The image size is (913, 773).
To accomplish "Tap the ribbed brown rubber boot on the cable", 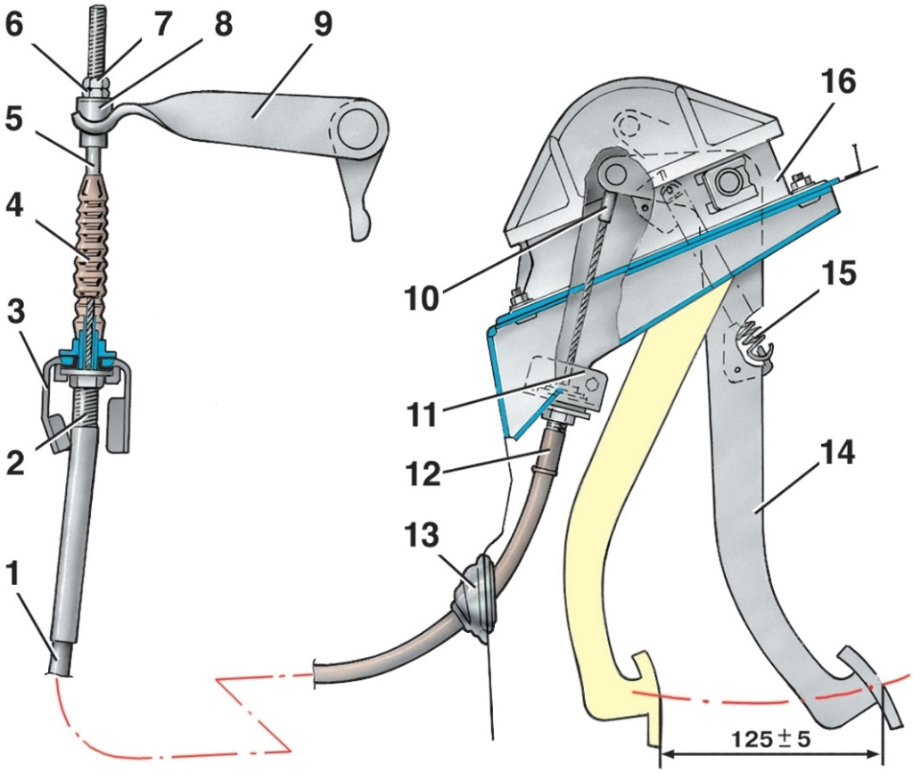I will pyautogui.click(x=86, y=241).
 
